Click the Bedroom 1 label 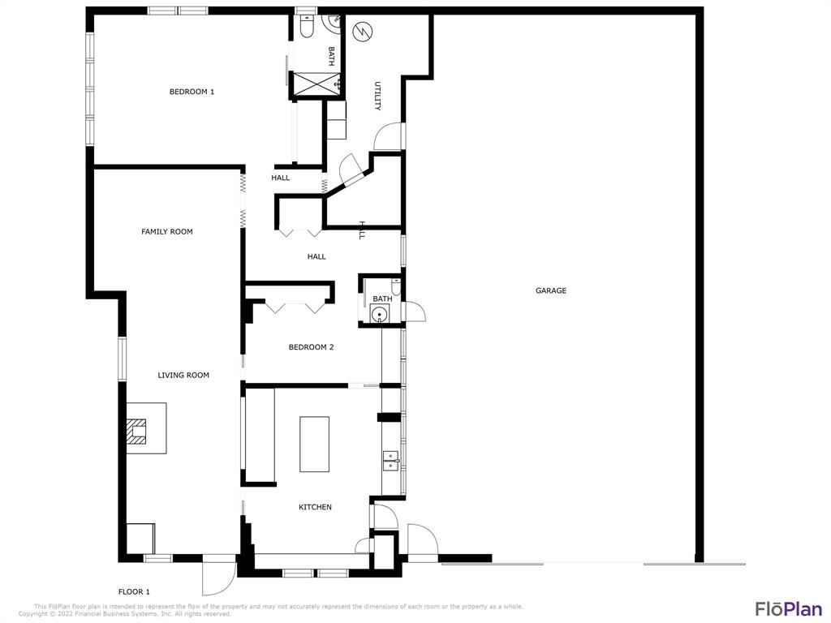click(x=192, y=92)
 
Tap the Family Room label click(x=167, y=232)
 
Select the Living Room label click(x=183, y=376)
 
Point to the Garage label click(x=551, y=290)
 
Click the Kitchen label click(x=315, y=508)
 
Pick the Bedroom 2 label click(x=311, y=347)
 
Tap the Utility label click(x=377, y=96)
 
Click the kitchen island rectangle click(x=314, y=444)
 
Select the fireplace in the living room click(x=139, y=430)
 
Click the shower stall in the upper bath click(x=315, y=84)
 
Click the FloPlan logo click(x=788, y=608)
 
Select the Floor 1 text click(x=135, y=592)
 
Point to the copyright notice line click(x=125, y=614)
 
